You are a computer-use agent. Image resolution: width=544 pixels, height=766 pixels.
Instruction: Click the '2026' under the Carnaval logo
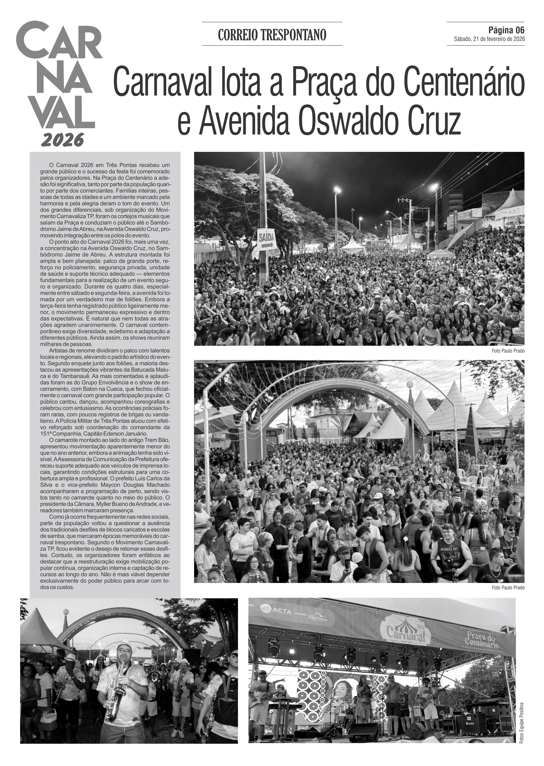coord(62,140)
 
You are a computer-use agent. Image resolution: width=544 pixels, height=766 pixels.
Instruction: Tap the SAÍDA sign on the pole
coord(267,240)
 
